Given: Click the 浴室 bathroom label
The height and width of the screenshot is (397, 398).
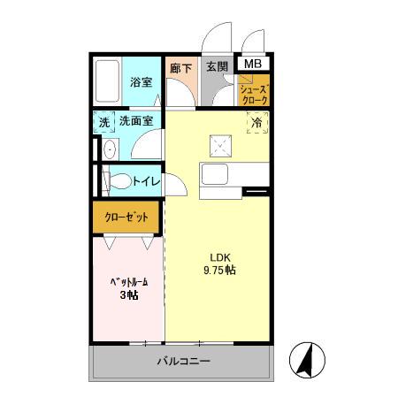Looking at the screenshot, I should (142, 83).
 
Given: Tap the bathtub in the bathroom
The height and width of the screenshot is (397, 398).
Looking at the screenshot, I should (108, 83).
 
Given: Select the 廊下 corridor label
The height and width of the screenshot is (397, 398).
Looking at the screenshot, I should (179, 65).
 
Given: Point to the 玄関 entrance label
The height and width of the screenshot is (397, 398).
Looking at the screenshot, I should (217, 65).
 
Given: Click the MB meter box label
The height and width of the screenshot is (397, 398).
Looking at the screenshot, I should (253, 65).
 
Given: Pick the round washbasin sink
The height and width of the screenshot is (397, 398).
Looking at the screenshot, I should (108, 150).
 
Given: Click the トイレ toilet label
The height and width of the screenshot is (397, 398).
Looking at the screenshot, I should (146, 182).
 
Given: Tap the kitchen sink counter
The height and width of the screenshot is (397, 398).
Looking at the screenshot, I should (217, 172).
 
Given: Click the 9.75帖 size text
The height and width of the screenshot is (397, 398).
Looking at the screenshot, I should (219, 270).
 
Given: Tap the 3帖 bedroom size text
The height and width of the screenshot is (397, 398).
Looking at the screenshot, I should (128, 295).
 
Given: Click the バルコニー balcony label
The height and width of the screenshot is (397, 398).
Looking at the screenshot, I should (184, 361).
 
